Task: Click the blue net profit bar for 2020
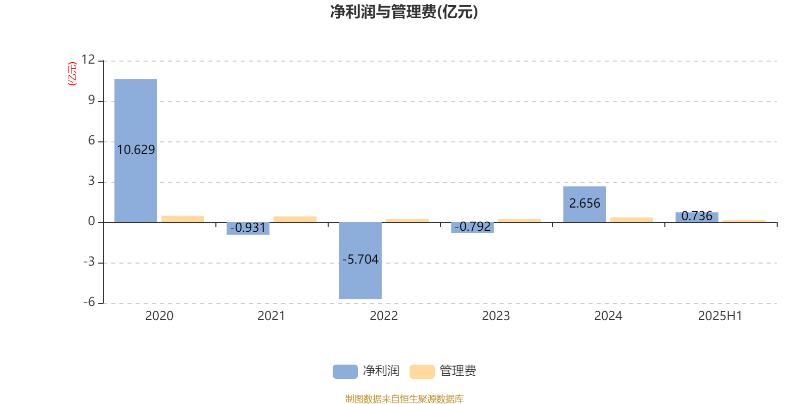coord(136,151)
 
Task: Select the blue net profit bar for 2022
coord(360,261)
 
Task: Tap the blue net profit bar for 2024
coord(585,205)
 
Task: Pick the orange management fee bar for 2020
coord(183,219)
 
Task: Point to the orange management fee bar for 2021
coord(295,219)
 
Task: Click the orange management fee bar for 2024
coord(632,220)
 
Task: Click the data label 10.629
coord(136,149)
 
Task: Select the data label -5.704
coord(360,260)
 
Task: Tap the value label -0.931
coord(248,228)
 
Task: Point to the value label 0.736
coord(697,216)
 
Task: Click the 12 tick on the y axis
coord(88,60)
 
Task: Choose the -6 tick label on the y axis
coord(89,302)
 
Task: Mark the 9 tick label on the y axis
coord(92,100)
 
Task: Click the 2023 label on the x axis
coord(496,316)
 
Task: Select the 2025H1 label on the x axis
coord(720,316)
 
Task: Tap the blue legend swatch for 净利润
coord(345,372)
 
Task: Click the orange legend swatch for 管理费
coord(422,372)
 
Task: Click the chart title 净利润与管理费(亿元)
coord(404,12)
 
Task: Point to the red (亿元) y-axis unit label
coord(73,74)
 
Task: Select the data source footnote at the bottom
coord(404,398)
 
